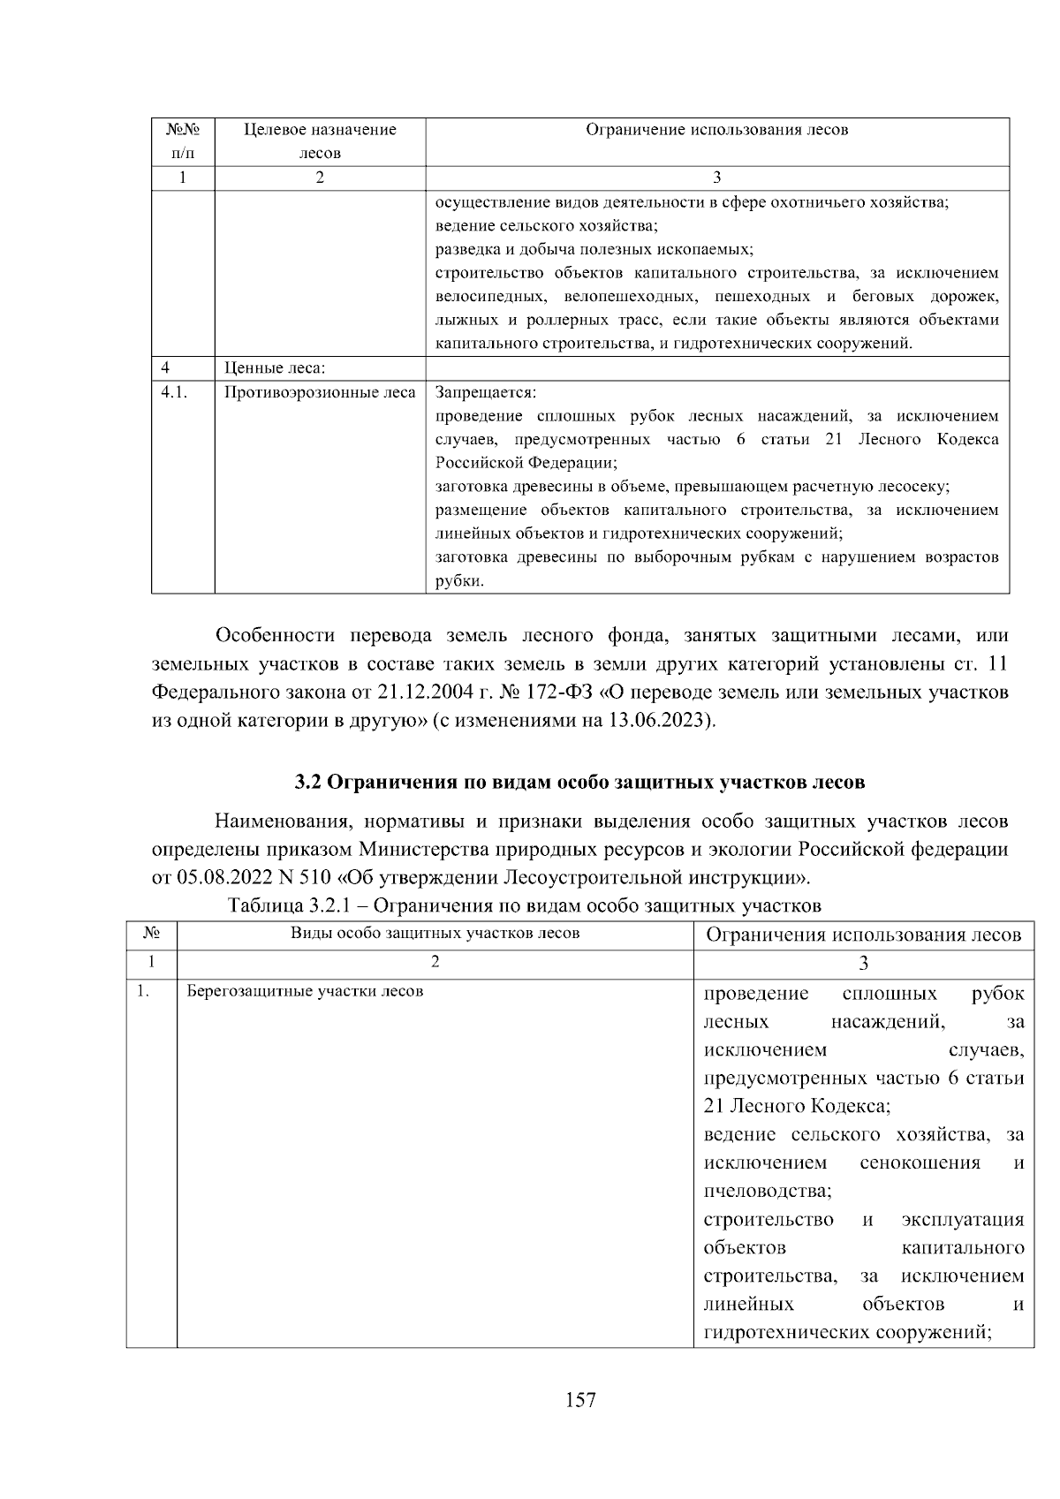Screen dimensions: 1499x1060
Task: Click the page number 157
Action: pos(580,1399)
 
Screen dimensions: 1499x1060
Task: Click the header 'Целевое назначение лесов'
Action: pos(320,141)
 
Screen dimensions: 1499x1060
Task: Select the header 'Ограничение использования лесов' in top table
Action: pos(716,130)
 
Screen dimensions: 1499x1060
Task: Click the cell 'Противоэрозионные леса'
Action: pos(320,392)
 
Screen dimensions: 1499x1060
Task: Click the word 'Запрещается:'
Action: pos(486,392)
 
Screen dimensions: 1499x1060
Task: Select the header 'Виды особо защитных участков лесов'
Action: pos(435,934)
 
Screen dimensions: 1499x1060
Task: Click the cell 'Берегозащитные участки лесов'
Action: pos(305,991)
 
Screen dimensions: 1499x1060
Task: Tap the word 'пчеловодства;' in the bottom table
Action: pos(768,1191)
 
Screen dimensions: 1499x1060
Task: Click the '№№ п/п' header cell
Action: pos(183,141)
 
